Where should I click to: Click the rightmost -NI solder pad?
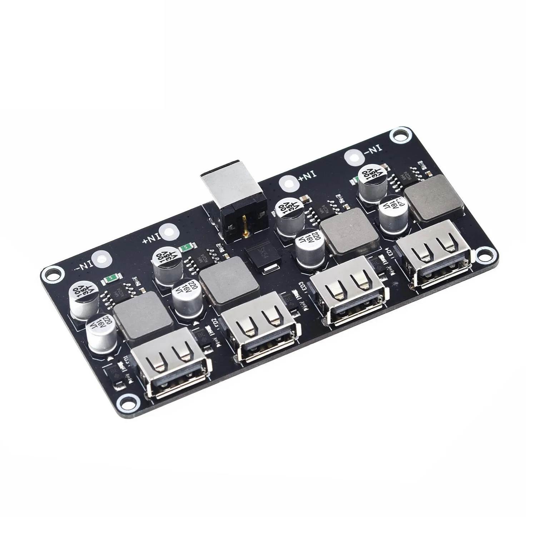coord(354,157)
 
